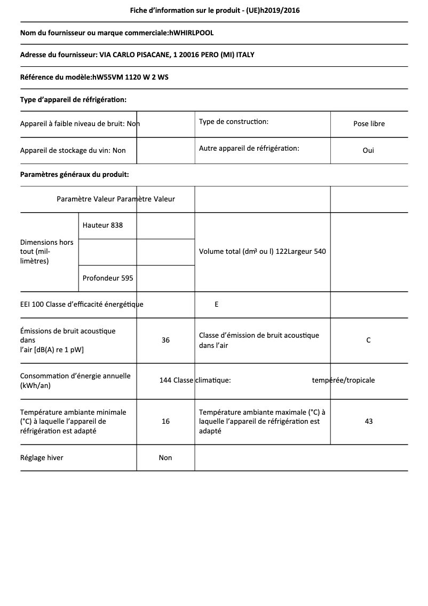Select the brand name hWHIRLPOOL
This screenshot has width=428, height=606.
coord(191,33)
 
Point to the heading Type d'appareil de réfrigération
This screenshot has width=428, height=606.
coord(73,99)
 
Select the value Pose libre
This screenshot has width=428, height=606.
coord(369,124)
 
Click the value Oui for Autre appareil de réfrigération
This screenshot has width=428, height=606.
coord(368,150)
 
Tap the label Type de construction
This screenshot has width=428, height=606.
coord(234,122)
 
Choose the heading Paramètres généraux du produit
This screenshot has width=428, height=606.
coord(74,174)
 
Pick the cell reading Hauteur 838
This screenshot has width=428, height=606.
coord(102,226)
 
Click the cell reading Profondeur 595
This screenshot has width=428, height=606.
coord(108,278)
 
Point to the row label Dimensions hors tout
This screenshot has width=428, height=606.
coord(47,252)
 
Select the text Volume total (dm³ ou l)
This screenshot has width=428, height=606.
coord(236,252)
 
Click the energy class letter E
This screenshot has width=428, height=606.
coord(216,305)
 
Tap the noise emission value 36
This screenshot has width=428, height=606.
coord(165,340)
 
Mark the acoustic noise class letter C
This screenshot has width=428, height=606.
coord(368,340)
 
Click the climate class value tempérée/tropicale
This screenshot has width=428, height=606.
coord(343,380)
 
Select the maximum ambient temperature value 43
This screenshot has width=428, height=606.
coord(368,422)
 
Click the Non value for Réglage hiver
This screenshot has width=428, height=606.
coord(165,458)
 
